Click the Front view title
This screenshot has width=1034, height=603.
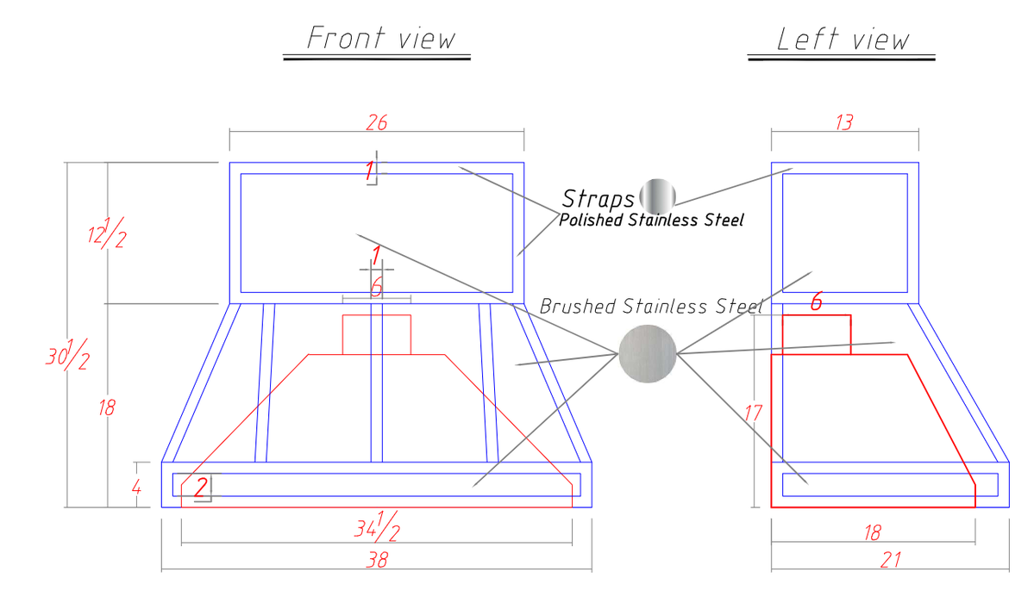[x=381, y=38]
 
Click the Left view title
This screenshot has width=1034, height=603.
[x=843, y=40]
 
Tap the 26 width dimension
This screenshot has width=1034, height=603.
[x=377, y=122]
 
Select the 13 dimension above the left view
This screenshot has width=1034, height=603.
[x=844, y=122]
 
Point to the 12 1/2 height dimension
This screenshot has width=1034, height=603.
[x=107, y=232]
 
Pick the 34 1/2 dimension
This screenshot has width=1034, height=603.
[x=377, y=525]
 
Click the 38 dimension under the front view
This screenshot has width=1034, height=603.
[x=377, y=560]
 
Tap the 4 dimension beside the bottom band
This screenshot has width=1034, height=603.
[x=136, y=488]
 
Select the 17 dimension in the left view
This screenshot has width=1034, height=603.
[x=753, y=413]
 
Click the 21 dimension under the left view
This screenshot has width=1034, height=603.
[x=890, y=560]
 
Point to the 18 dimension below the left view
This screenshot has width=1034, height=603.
[x=873, y=532]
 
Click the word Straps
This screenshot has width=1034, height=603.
[x=598, y=198]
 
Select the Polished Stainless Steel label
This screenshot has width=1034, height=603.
[x=651, y=221]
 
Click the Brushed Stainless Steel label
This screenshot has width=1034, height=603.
[x=651, y=307]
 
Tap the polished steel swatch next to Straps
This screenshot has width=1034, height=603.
[x=657, y=196]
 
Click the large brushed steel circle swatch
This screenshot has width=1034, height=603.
[x=648, y=354]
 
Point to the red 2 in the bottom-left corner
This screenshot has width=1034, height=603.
[x=201, y=487]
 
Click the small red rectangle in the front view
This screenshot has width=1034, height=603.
[x=377, y=335]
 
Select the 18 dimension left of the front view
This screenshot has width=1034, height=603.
[x=107, y=408]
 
